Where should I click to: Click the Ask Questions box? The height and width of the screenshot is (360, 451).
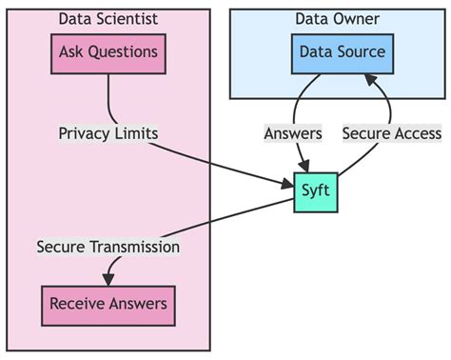pos(108,52)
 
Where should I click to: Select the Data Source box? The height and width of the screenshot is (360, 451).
pos(342,52)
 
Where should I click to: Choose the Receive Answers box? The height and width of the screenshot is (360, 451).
pos(108,304)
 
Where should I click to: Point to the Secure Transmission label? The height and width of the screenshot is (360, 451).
pos(108,247)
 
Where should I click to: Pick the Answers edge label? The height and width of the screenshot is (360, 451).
pos(293,133)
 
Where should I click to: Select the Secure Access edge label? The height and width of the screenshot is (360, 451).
pos(392,133)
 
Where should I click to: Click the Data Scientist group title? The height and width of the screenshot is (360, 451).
pos(108,19)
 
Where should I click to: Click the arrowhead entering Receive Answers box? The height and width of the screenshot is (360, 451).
pos(108,278)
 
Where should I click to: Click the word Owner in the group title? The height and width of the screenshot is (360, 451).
pos(359,19)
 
